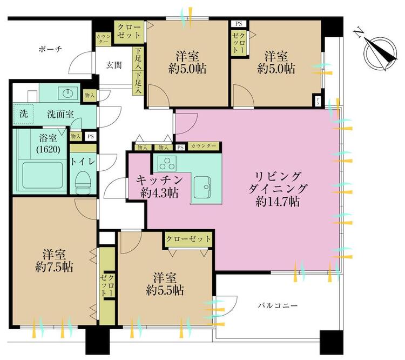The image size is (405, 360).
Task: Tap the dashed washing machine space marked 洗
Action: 23,114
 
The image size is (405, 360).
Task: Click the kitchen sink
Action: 204,186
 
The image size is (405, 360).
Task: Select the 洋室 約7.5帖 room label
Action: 52,261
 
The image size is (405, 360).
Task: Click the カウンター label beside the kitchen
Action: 205,146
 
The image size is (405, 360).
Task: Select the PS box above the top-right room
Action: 238,24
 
